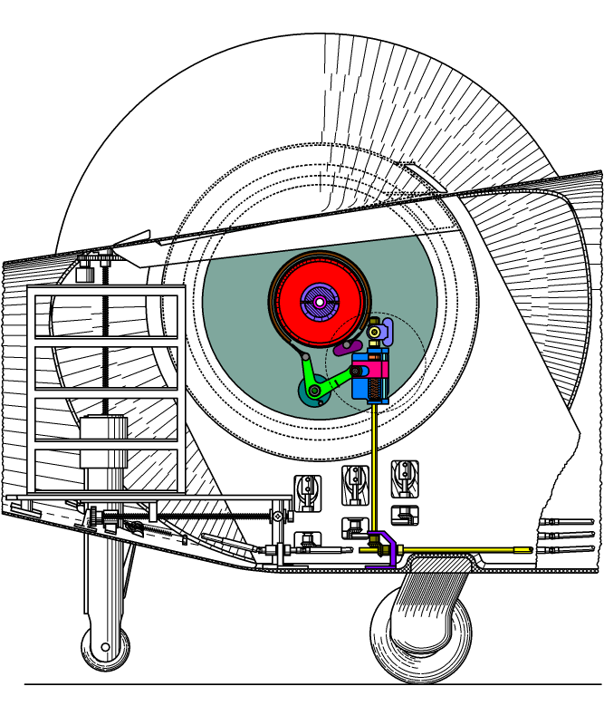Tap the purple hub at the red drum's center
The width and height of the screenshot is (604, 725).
[x=319, y=299]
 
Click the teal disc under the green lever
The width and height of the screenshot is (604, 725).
[x=308, y=396]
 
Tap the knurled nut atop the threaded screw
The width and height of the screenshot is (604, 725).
[x=88, y=269]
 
